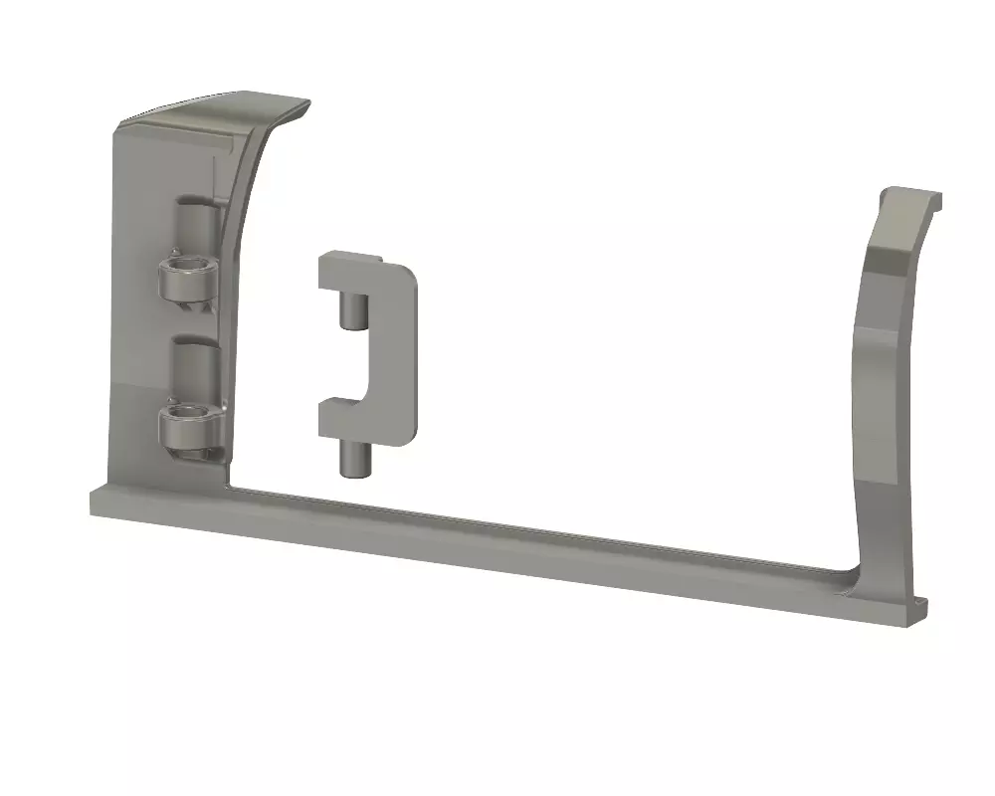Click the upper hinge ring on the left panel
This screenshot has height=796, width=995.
coord(185,284)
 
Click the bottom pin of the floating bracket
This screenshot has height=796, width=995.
coord(351,460)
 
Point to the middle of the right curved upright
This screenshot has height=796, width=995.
coord(881,398)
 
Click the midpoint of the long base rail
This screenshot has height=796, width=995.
coord(497,552)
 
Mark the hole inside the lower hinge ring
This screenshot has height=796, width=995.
coord(186,414)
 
